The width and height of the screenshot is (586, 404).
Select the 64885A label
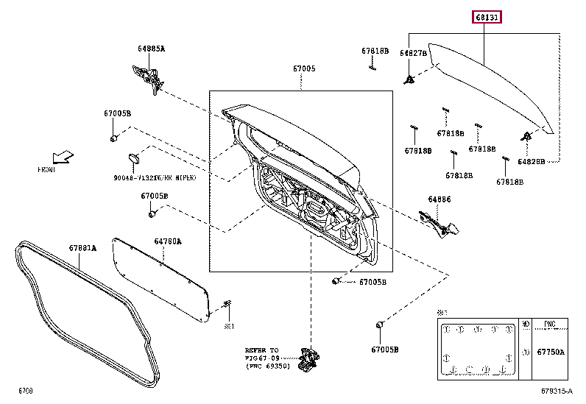[151, 49]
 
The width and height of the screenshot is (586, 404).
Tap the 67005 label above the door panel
[304, 68]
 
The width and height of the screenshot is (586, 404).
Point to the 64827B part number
[413, 53]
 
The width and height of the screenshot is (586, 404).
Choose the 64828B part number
[531, 160]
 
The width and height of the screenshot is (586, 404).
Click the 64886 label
[439, 199]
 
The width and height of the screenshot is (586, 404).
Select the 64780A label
[167, 241]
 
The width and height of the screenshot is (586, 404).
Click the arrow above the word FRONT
[63, 157]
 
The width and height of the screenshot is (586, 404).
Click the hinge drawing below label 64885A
[148, 76]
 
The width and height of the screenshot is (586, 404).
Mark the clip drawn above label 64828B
[527, 136]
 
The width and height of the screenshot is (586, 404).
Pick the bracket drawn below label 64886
[439, 222]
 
